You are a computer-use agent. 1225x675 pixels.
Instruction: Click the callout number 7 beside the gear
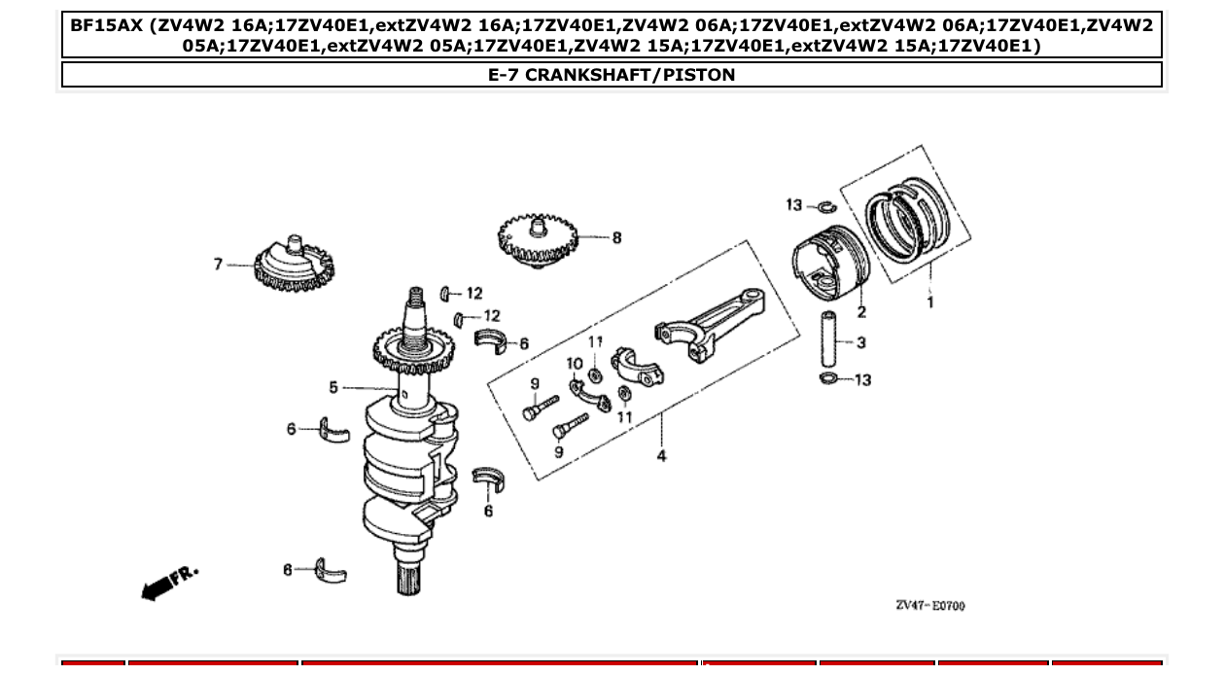tap(219, 264)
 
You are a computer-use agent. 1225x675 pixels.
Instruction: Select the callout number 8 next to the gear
tap(616, 237)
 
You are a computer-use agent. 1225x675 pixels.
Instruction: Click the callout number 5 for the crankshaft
tap(333, 387)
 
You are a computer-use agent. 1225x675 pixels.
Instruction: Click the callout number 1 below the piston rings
tap(930, 302)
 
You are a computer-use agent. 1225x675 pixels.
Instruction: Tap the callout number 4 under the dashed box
tap(661, 456)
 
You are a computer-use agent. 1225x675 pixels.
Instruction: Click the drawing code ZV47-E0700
tap(929, 606)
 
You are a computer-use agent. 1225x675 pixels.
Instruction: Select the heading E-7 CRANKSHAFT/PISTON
tap(612, 75)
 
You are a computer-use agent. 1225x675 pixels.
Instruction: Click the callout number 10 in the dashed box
tap(574, 363)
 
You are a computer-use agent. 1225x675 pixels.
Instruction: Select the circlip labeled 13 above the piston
tap(825, 205)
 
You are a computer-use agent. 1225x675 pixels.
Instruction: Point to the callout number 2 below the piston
tap(861, 312)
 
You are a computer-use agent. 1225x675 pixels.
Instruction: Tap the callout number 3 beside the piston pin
tap(861, 342)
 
